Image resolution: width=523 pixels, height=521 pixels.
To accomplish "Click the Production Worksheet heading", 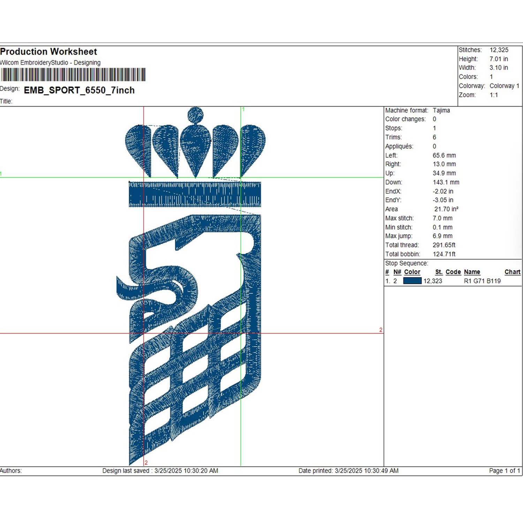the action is pos(48,52).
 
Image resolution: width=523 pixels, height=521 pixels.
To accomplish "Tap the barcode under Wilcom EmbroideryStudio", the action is pos(73,75).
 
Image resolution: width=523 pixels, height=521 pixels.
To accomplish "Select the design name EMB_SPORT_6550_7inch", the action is pos(79,90).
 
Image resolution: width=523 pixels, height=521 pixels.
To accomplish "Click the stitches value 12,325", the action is pos(499,50).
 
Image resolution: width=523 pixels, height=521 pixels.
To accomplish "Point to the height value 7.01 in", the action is pos(499,59).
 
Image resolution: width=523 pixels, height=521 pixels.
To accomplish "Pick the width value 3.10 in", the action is pos(499,68).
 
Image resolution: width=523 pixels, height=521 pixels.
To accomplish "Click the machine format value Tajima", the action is pos(441,110).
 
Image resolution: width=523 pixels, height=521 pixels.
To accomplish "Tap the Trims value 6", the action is pos(434,137).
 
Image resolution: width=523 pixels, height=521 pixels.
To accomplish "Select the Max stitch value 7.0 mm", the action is pos(442,218).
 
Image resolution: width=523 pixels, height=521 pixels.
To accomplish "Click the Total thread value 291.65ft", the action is pos(444,245).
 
